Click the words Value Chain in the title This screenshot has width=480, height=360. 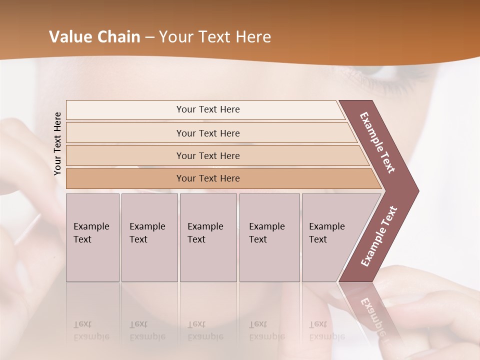click(x=94, y=37)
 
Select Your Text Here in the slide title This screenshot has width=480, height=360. click(x=215, y=37)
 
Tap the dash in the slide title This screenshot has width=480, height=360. click(x=149, y=37)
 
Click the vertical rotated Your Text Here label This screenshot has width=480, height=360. click(x=57, y=143)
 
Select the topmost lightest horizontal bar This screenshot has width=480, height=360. click(x=207, y=109)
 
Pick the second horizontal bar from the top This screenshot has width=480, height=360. click(x=207, y=133)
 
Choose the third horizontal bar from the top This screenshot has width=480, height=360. click(x=207, y=155)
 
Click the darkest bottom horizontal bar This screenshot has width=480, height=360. click(x=207, y=178)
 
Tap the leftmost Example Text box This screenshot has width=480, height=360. click(x=92, y=237)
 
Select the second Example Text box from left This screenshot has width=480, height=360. click(x=149, y=237)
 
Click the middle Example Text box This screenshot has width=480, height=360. click(x=208, y=237)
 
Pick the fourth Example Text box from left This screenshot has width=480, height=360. click(x=269, y=237)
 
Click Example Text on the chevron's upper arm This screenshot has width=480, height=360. click(x=377, y=142)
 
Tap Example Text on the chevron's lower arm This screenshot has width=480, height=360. click(x=379, y=236)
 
